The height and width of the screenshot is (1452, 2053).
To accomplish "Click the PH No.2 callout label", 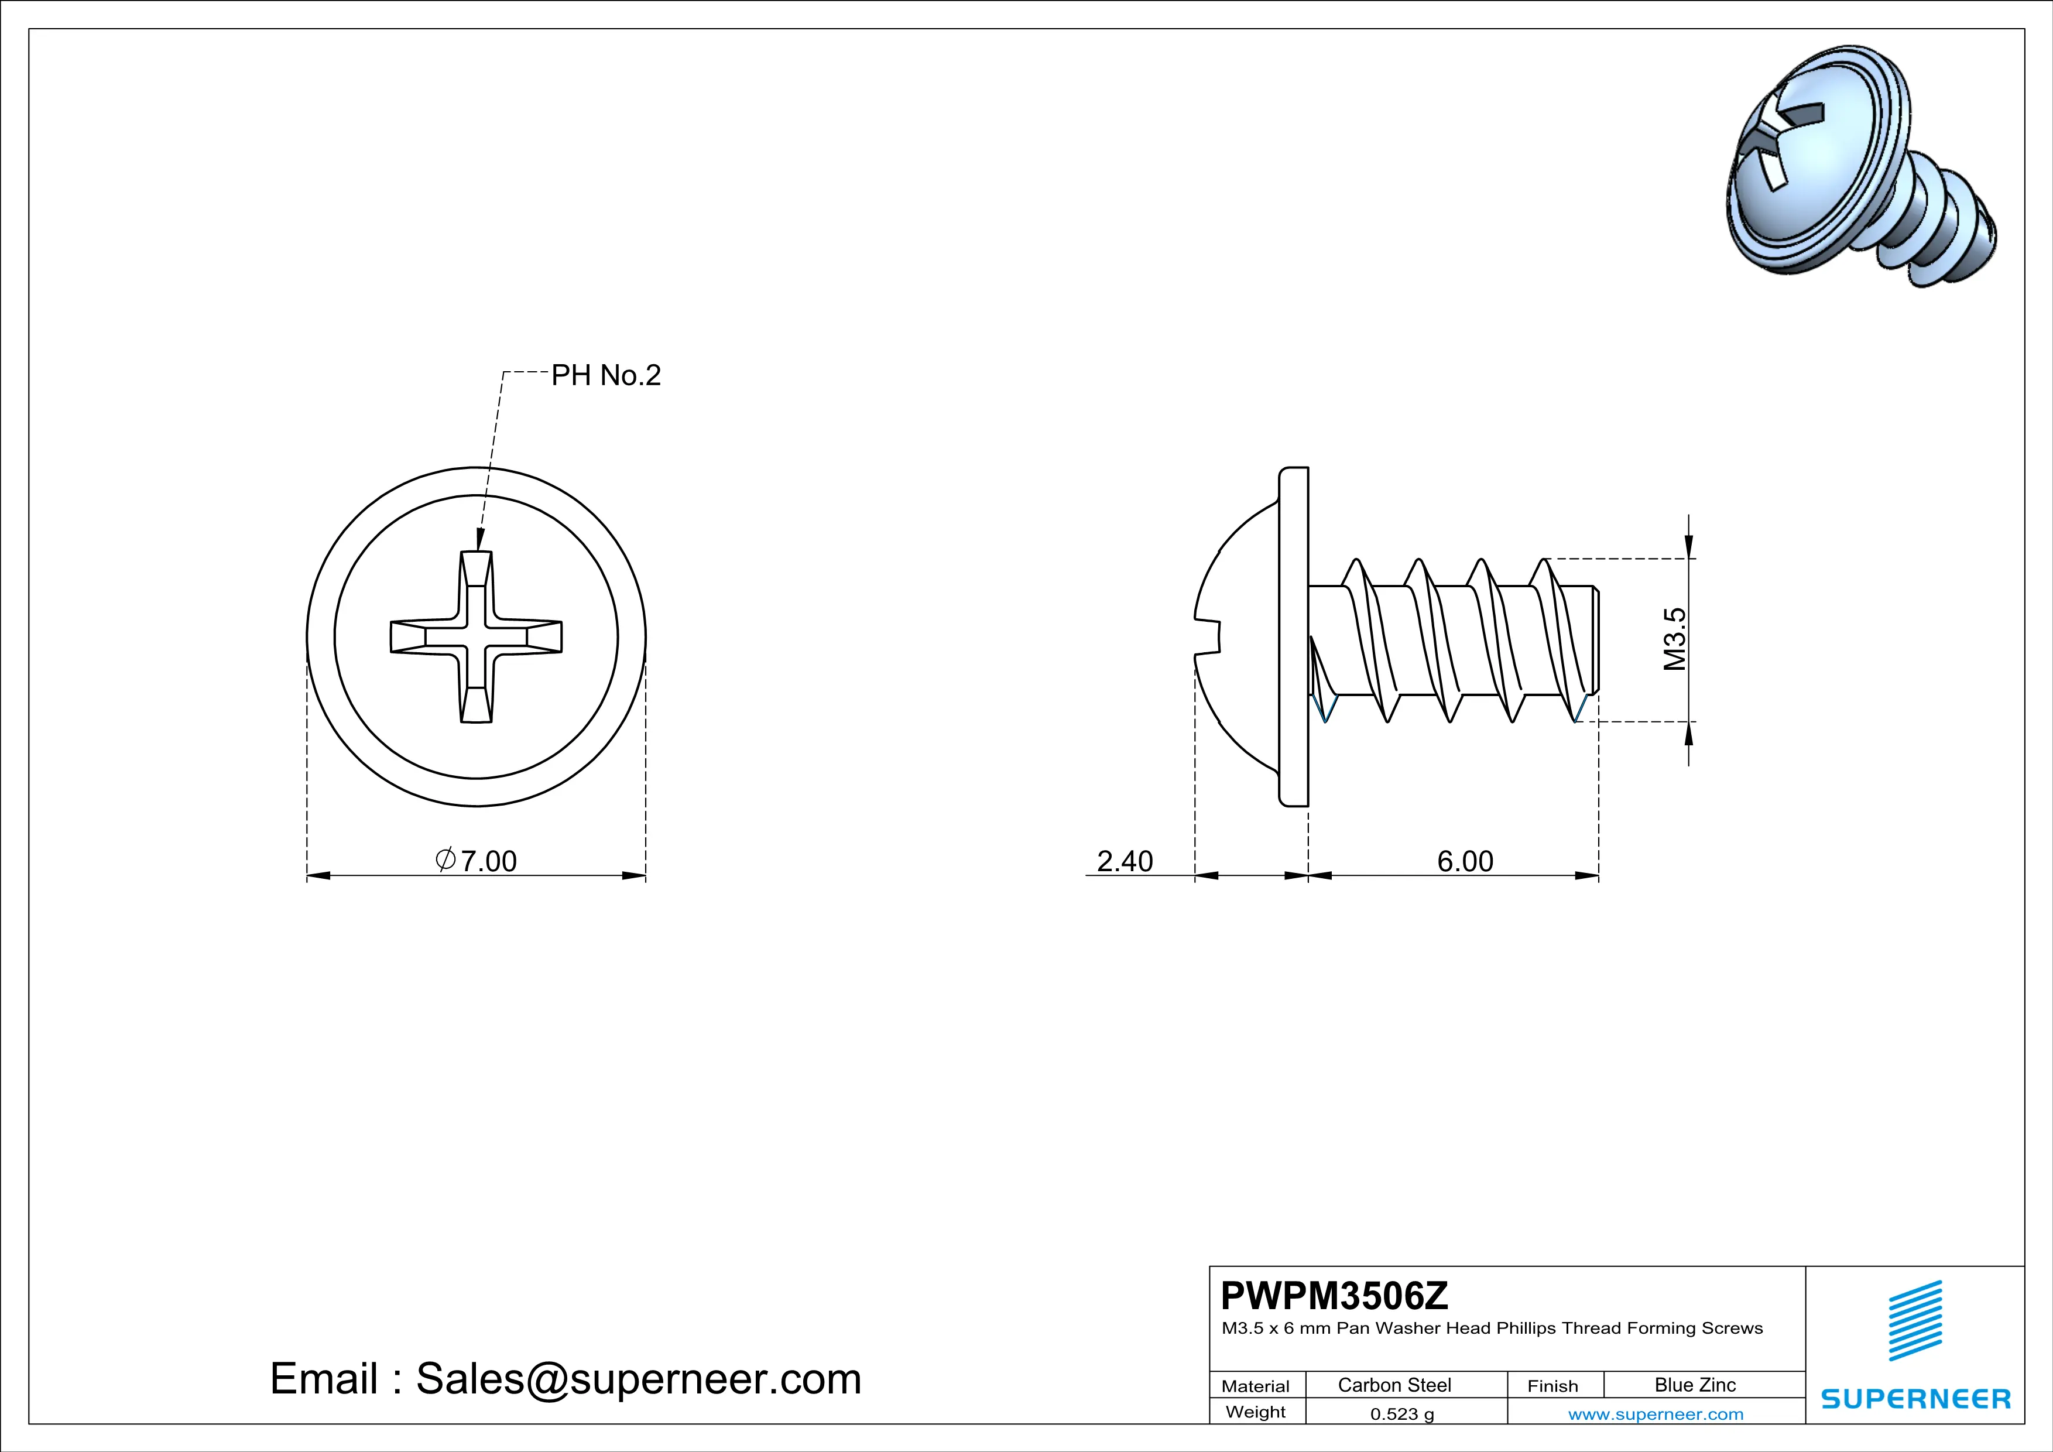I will point(605,375).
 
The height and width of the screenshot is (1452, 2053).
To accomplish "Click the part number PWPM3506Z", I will point(1334,1296).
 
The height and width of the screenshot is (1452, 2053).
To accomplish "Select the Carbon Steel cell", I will point(1394,1385).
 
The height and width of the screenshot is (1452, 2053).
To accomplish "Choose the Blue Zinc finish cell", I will point(1694,1385).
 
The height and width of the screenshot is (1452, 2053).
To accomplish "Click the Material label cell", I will point(1256,1386).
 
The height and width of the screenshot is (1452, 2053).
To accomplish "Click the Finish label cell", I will point(1552,1386).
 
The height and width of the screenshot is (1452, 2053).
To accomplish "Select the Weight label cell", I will point(1256,1412).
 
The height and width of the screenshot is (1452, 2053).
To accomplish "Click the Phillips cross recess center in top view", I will point(477,636).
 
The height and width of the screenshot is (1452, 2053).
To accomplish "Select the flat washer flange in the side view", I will point(1293,636).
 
